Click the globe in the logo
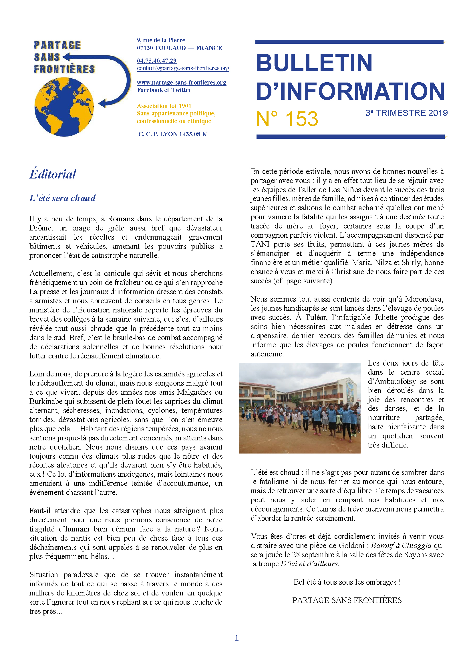[x=64, y=107]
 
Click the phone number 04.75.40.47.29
[x=157, y=61]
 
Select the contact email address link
[x=183, y=68]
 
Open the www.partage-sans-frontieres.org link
[x=182, y=83]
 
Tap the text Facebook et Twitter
[x=164, y=90]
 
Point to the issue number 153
[x=301, y=119]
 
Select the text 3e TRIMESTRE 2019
[x=406, y=113]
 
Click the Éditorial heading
[x=53, y=174]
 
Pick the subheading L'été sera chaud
[x=62, y=198]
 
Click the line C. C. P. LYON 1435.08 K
[x=173, y=134]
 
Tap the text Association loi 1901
[x=164, y=106]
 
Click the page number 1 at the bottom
[x=236, y=638]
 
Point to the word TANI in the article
[x=260, y=244]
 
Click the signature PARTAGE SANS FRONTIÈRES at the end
[x=347, y=600]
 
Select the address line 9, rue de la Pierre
[x=161, y=40]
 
